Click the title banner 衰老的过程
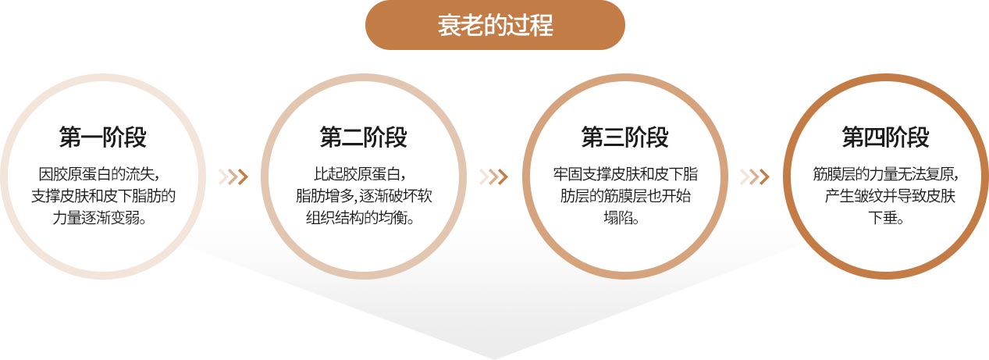click(495, 25)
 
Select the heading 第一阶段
click(102, 137)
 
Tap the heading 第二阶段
click(364, 137)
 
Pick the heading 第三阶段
click(624, 137)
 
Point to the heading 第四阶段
click(886, 137)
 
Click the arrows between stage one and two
click(233, 176)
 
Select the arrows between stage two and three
click(493, 176)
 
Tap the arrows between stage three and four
click(755, 176)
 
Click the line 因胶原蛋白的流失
click(99, 174)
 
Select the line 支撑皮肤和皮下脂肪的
click(103, 196)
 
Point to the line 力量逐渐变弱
click(99, 217)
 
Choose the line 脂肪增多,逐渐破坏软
click(364, 196)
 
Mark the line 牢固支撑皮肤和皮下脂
click(625, 174)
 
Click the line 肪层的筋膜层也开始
click(625, 196)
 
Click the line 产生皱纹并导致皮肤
click(890, 196)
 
